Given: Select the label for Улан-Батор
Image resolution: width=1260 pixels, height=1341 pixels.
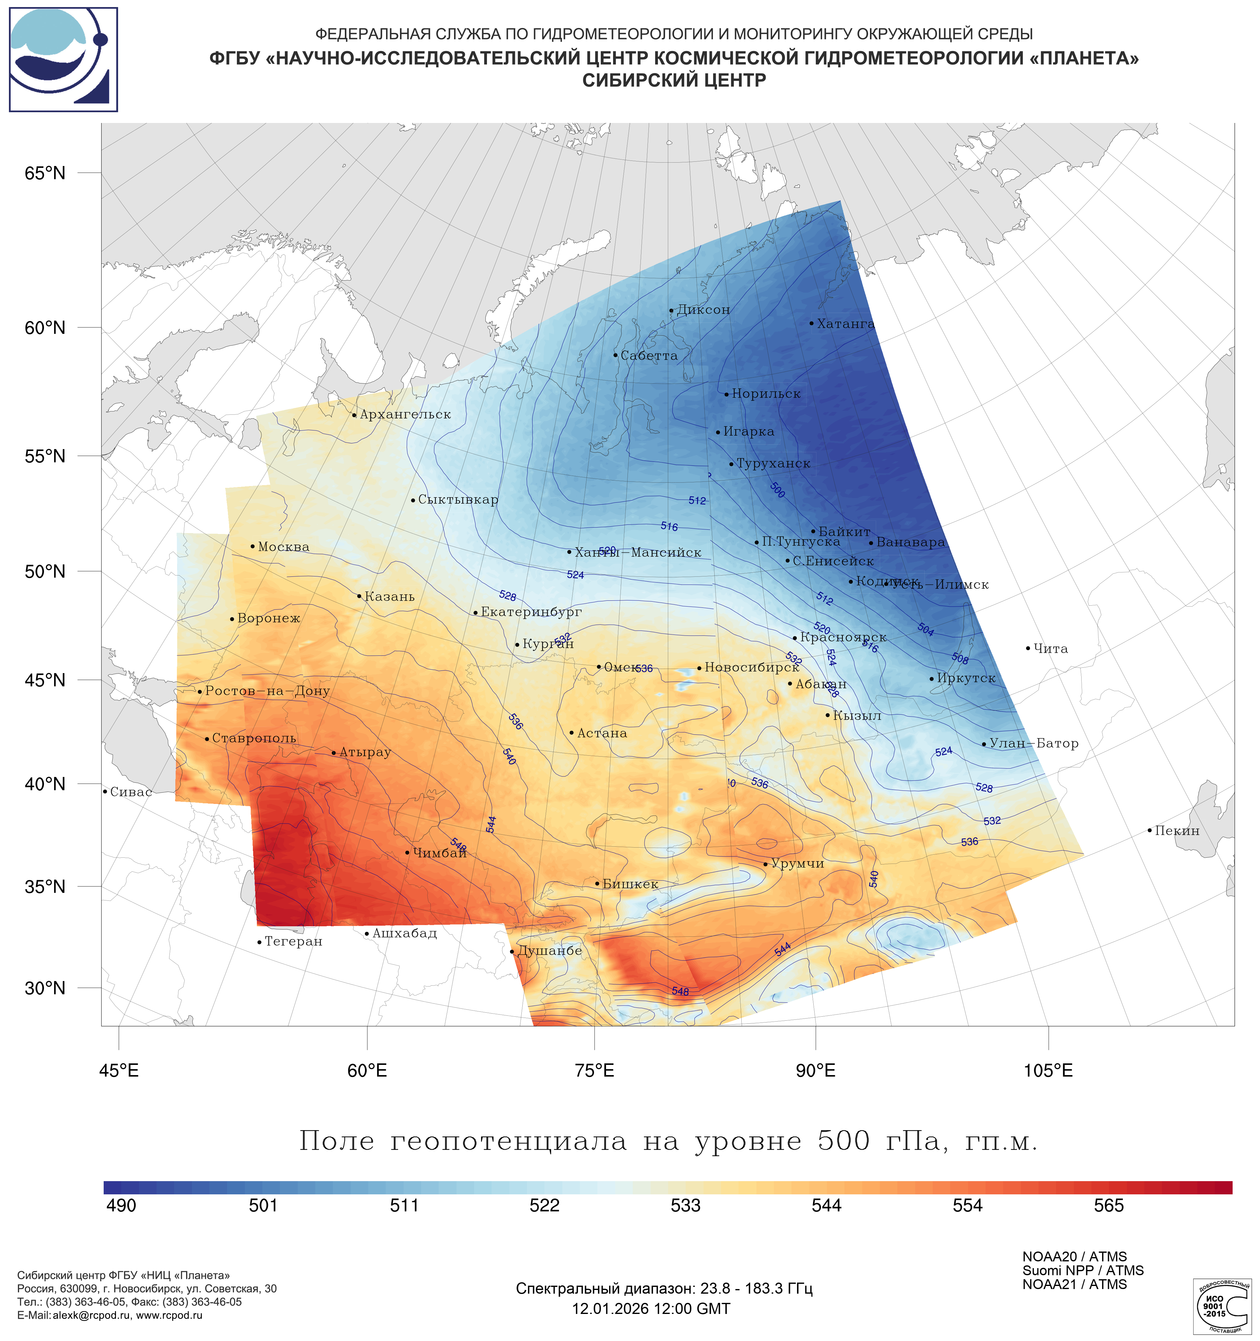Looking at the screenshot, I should point(1033,743).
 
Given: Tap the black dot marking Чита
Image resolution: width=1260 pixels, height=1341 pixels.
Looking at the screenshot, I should point(1028,648).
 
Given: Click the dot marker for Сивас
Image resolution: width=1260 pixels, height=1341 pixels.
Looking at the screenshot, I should point(105,791).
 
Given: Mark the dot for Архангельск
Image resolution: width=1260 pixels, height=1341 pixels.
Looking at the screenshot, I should point(354,415).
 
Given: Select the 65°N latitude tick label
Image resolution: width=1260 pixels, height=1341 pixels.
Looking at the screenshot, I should point(45,173).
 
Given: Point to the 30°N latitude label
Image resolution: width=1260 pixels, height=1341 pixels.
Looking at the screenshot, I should point(45,988).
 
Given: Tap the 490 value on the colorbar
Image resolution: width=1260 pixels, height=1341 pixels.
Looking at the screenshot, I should point(122,1205).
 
